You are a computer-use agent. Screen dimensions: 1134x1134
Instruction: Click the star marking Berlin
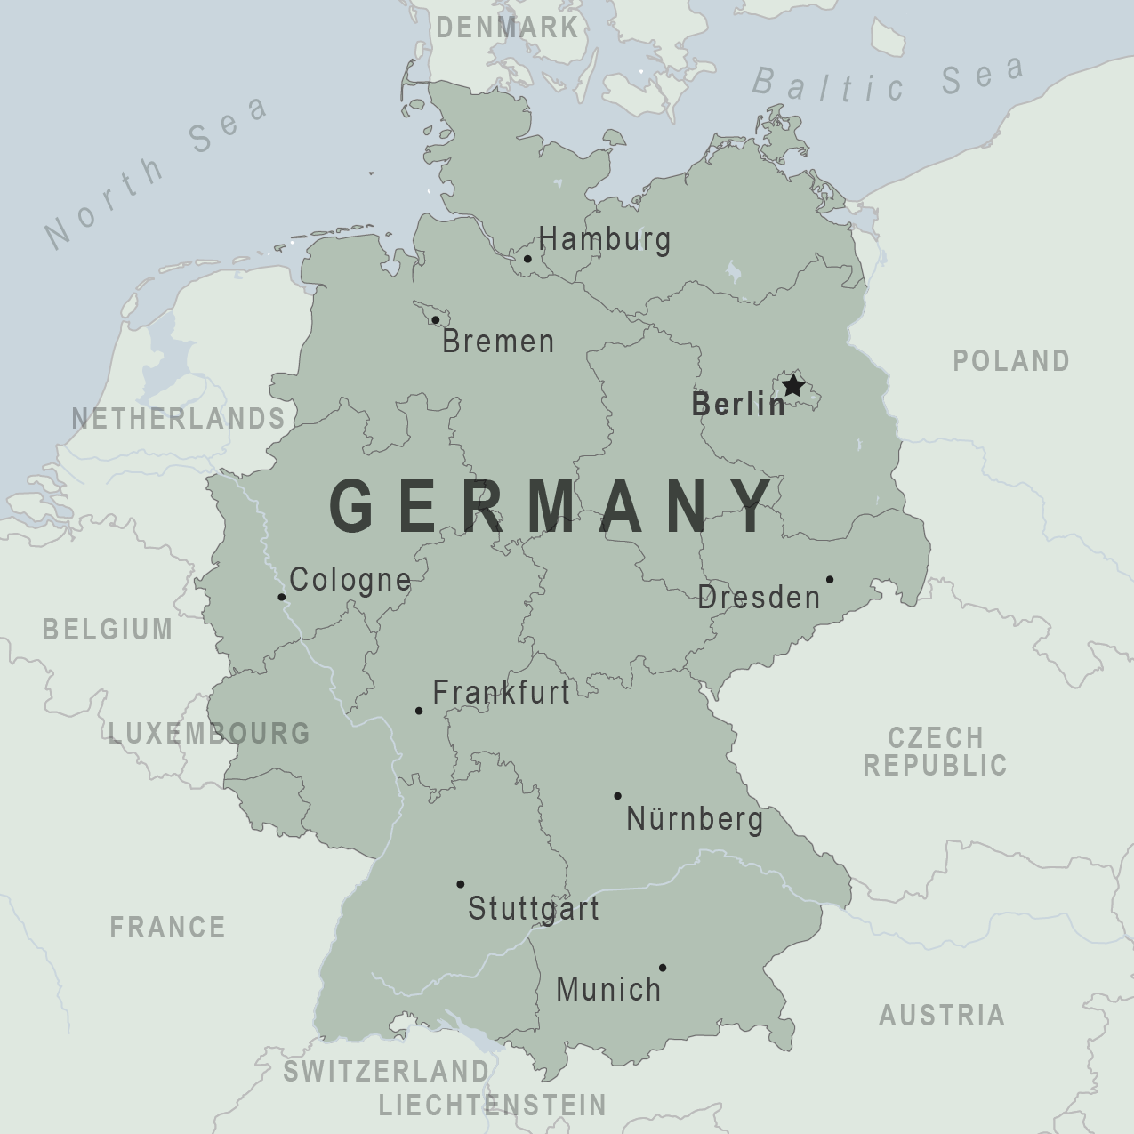point(792,386)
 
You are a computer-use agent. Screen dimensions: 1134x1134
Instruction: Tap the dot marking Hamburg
point(527,259)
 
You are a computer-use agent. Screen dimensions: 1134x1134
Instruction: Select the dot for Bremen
point(436,319)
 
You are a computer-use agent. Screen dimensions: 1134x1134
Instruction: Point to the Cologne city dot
point(282,597)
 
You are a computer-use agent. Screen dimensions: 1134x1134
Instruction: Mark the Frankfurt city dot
point(419,711)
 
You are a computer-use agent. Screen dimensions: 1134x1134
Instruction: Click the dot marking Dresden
point(830,579)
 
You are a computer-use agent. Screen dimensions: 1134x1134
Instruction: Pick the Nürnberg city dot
point(617,796)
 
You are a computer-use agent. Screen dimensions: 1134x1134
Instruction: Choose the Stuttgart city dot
point(460,884)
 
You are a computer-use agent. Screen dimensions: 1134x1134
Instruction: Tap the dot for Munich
point(663,968)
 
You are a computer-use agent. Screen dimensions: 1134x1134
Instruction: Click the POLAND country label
point(1011,360)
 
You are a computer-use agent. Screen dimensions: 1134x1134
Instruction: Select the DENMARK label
point(507,28)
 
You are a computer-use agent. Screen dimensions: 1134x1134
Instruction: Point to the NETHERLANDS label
point(178,418)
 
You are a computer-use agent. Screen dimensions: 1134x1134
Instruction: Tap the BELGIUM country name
point(108,629)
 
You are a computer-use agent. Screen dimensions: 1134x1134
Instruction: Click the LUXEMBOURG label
point(209,733)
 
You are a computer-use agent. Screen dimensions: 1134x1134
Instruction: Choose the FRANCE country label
point(167,927)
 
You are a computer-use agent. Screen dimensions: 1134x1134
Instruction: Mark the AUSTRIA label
point(942,1015)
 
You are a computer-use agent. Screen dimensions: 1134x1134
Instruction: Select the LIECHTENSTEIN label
point(492,1105)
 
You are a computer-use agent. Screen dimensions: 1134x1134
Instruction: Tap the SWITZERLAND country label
point(386,1071)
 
